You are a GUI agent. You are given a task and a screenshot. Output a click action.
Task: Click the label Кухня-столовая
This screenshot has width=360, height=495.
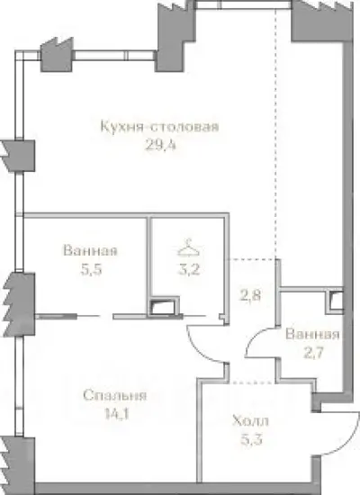tap(160, 126)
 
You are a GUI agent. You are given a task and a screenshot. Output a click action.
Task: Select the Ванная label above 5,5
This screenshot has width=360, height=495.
tap(90, 251)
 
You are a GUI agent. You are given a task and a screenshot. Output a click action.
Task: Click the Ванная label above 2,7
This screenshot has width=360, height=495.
tap(311, 335)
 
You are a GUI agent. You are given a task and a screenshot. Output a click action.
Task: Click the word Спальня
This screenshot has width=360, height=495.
tap(113, 395)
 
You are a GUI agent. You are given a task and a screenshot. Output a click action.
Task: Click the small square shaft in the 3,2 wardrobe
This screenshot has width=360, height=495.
tap(162, 307)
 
